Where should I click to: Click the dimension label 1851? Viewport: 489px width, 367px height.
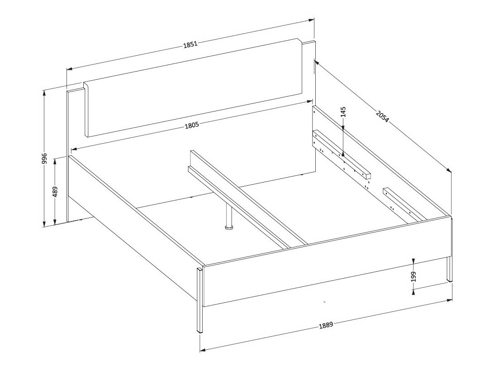coord(190,44)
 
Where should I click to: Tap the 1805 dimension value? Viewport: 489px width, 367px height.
coord(191,126)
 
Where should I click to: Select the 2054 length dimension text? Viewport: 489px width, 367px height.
coord(382,116)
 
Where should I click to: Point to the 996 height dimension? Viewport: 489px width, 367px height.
coord(44,158)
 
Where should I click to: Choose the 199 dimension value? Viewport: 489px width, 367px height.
coord(413,276)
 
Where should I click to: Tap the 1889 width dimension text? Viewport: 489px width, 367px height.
coord(326,325)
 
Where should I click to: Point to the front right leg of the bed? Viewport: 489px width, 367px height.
coord(449,269)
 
